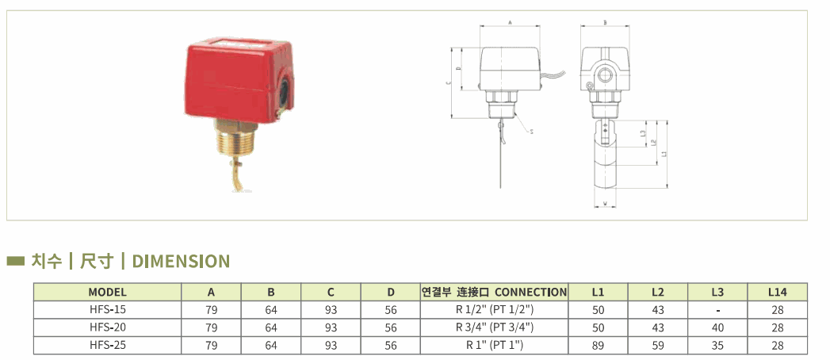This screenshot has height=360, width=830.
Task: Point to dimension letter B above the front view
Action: (605, 23)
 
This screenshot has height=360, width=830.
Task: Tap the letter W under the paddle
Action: (605, 204)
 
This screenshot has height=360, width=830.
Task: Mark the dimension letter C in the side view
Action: (448, 82)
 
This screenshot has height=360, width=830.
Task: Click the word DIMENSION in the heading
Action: (181, 261)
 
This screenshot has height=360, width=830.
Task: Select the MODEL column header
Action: (107, 292)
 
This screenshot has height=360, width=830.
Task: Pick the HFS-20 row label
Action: (107, 327)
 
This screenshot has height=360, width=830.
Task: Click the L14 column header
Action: (777, 292)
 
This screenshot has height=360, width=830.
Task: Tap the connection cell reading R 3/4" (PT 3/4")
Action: (494, 327)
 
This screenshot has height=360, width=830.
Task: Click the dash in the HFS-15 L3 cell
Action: (717, 310)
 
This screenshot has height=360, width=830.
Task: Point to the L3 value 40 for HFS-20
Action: (717, 327)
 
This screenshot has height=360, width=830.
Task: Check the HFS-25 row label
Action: (107, 345)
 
